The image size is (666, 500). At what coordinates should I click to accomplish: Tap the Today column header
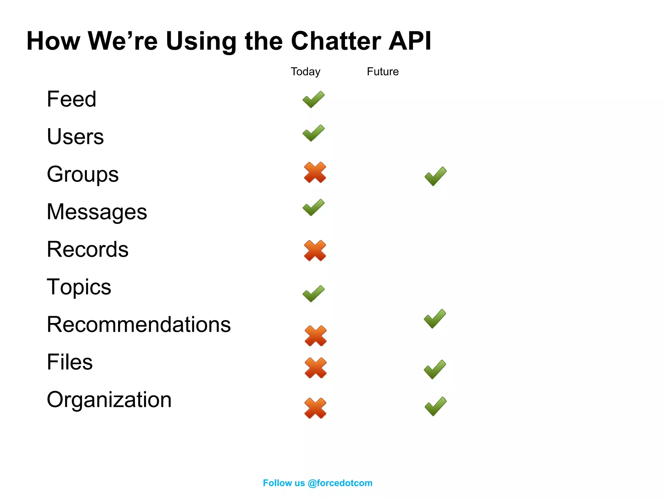(x=305, y=72)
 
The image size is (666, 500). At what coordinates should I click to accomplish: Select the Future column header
(x=382, y=72)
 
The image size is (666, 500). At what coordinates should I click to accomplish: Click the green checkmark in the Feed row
(x=313, y=100)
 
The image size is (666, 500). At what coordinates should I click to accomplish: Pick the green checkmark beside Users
(x=313, y=133)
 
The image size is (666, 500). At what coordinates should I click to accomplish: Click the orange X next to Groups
(x=315, y=172)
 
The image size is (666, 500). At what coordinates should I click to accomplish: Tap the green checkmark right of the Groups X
(x=435, y=176)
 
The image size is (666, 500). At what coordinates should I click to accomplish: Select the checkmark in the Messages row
(x=313, y=208)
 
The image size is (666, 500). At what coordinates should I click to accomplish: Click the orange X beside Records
(x=315, y=251)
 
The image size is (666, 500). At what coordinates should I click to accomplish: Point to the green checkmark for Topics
(x=313, y=294)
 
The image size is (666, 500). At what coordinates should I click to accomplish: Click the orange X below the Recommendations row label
(x=315, y=336)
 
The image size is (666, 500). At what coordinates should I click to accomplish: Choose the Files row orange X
(x=315, y=368)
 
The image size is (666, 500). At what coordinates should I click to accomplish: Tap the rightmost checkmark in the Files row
(x=435, y=369)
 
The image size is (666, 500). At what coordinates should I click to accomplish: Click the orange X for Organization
(x=315, y=408)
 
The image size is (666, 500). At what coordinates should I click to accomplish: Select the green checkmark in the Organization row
(x=435, y=406)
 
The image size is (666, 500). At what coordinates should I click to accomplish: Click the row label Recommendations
(x=139, y=325)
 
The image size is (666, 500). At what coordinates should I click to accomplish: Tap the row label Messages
(x=97, y=212)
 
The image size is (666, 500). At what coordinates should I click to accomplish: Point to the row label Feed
(x=72, y=99)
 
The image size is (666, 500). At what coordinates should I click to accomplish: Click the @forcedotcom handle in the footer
(x=340, y=483)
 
